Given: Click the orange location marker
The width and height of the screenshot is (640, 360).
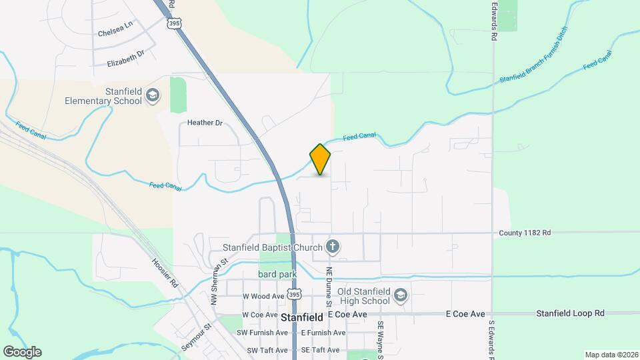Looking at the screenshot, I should [x=320, y=159].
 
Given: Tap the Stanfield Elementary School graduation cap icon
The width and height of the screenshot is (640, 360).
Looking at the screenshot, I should [x=153, y=95].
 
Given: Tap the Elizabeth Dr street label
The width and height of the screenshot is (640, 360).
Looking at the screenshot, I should [x=125, y=59].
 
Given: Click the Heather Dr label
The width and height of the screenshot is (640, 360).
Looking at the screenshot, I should [x=205, y=123].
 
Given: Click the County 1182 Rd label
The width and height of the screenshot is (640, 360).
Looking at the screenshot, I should [x=525, y=233].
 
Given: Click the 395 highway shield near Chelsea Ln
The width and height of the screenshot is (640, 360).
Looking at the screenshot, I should [x=174, y=23].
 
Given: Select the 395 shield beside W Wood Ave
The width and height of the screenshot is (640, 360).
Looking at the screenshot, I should [x=294, y=294].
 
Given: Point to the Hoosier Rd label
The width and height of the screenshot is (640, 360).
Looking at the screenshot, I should [x=165, y=273].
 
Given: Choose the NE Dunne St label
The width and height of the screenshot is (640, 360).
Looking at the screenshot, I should [x=329, y=283].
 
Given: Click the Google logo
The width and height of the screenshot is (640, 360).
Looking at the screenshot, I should [x=22, y=352].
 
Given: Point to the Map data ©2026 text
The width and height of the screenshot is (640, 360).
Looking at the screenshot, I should [x=611, y=355].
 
